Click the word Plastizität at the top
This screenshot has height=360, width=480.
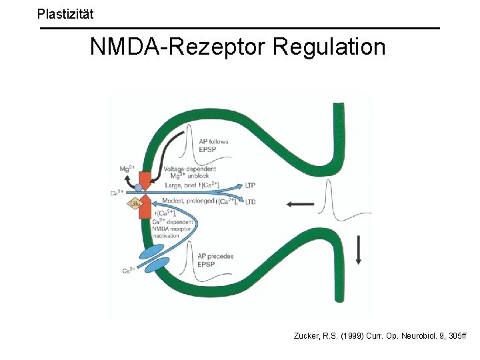pyautogui.click(x=65, y=13)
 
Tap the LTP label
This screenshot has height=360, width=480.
pyautogui.click(x=251, y=185)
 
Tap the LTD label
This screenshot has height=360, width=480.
pyautogui.click(x=251, y=201)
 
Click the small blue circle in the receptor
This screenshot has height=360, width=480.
pyautogui.click(x=138, y=188)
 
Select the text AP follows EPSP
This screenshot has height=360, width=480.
pyautogui.click(x=213, y=145)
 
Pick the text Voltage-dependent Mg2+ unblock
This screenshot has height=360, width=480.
pyautogui.click(x=189, y=172)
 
